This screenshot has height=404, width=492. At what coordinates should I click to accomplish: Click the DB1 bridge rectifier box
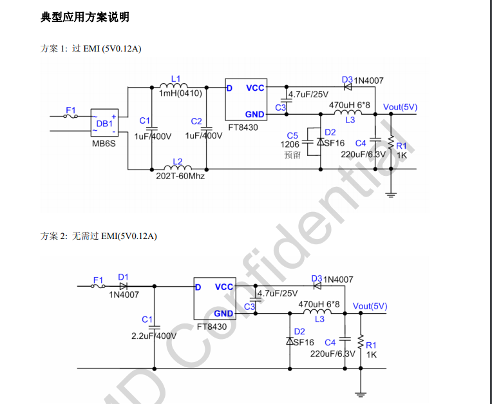point(104,122)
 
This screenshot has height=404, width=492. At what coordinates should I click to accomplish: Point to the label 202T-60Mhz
point(180,176)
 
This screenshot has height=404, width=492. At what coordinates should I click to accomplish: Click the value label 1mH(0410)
point(180,93)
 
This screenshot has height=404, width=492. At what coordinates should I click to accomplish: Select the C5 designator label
point(292,135)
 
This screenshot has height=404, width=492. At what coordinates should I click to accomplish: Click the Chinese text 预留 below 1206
point(292,155)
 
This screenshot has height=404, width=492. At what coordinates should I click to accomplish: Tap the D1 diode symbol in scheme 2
point(123,285)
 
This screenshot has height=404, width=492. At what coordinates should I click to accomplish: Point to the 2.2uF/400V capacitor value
point(154,336)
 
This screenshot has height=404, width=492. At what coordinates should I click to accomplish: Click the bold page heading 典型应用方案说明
point(85,18)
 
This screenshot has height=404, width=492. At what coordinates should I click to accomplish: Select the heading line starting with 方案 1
point(91,49)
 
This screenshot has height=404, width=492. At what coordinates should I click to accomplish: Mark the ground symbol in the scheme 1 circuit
point(390,194)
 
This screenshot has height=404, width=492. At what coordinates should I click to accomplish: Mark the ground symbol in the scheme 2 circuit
point(361,392)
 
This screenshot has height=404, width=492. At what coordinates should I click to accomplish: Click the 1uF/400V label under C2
point(204,136)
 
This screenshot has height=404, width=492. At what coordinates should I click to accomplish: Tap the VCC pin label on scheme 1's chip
point(255,88)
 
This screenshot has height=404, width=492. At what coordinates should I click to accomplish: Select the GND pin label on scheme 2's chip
point(223,314)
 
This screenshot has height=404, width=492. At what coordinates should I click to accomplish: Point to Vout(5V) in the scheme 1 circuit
point(400,107)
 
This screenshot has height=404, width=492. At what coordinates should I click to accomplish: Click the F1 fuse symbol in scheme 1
point(71,116)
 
